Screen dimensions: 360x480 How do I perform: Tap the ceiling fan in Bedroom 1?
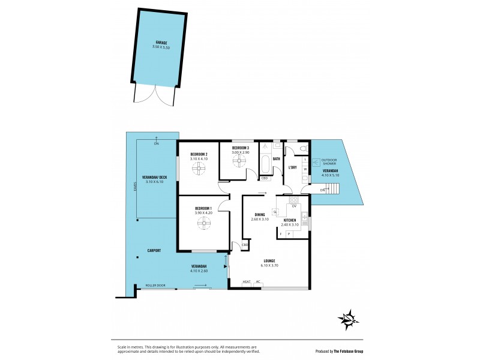pos(204,224)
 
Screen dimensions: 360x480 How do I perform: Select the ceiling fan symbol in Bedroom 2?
pos(199,169)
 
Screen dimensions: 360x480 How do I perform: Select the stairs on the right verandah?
pos(332,190)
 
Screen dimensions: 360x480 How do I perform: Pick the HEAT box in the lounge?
pos(247,282)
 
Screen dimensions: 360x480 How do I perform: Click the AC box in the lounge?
pos(259,282)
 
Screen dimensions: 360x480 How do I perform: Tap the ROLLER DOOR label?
pos(155,286)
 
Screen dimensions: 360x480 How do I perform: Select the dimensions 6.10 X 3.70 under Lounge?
pos(269,265)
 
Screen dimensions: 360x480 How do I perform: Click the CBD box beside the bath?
pos(265,178)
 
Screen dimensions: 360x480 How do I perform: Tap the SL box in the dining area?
pos(275,212)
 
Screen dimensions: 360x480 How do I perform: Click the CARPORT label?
pos(154,250)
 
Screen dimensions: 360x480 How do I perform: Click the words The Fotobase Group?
pos(358,352)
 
